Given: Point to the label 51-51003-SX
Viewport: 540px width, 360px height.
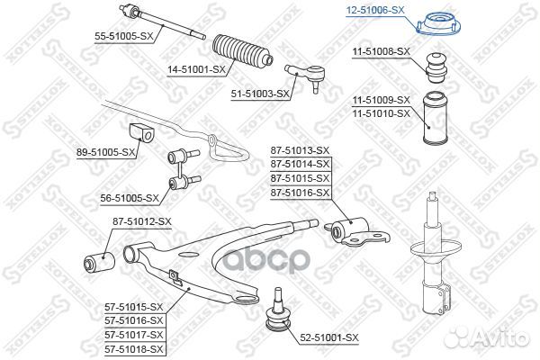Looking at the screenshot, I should [x=257, y=93].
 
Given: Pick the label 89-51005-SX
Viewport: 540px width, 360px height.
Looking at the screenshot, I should [x=106, y=153].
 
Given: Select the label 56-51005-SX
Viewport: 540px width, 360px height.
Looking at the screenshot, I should [x=128, y=198].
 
